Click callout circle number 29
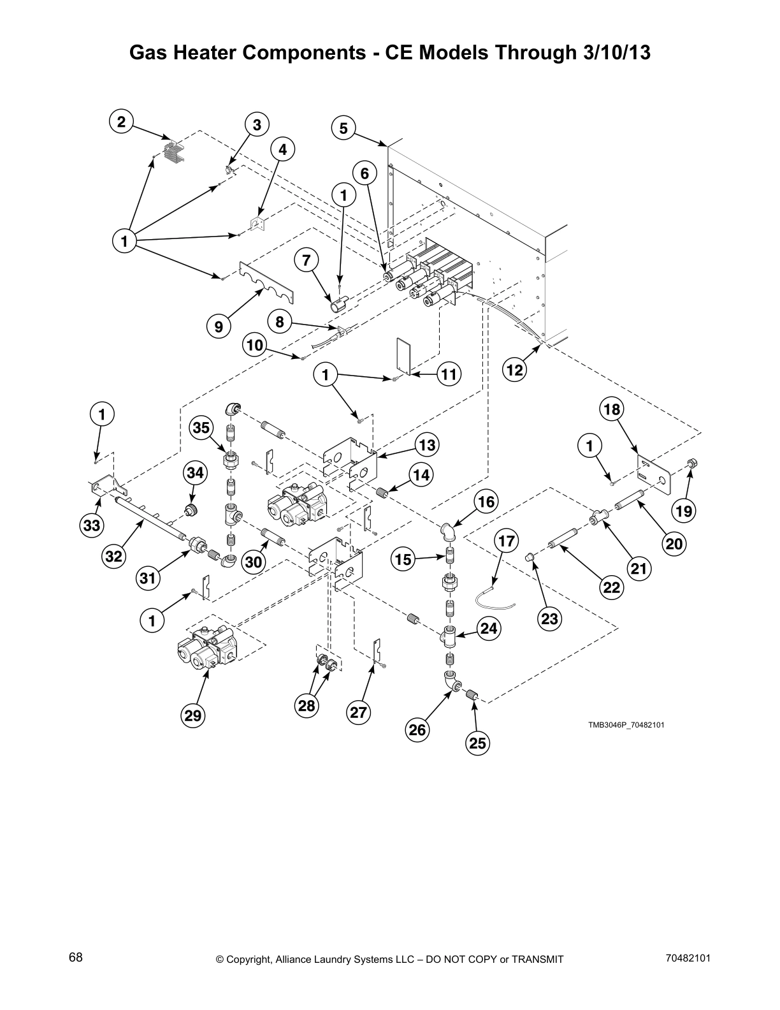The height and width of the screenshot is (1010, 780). pos(193,715)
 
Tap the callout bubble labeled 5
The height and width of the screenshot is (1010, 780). pos(343,129)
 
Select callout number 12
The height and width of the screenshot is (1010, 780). pos(515,370)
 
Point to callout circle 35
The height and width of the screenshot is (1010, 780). pos(201,428)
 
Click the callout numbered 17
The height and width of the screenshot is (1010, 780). pos(507,541)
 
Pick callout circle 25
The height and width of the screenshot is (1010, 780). pos(477,743)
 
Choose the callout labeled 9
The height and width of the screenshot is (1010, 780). pos(219,326)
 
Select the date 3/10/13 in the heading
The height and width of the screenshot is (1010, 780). pos(616,53)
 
